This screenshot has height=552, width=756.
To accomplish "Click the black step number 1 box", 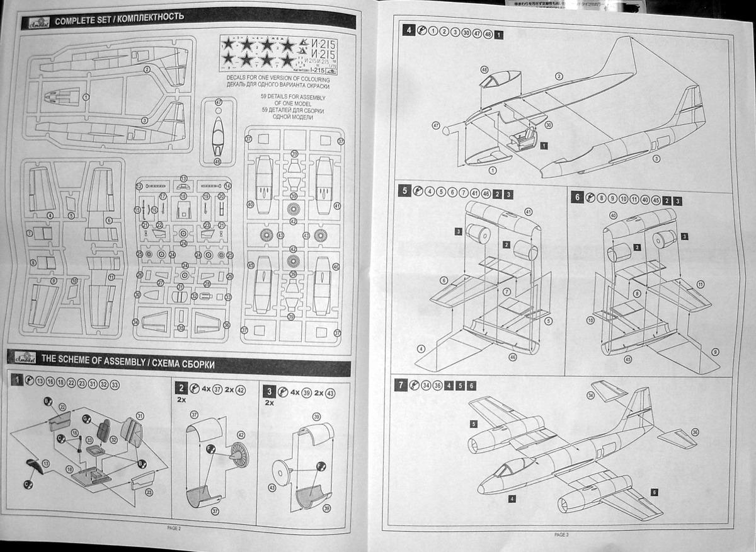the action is coord(18,380).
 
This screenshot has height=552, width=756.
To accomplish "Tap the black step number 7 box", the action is coord(402,384).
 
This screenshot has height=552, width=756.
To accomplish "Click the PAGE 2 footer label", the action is coord(174,528).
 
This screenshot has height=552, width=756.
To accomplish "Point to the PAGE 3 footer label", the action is coord(561,534).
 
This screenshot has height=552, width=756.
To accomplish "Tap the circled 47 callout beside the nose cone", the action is coord(436,125).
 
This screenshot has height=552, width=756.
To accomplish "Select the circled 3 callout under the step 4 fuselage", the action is coord(656,159).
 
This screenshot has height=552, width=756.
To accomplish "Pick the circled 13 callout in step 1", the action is coord(45,464).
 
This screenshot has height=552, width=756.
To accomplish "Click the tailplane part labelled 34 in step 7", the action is coord(608,391).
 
